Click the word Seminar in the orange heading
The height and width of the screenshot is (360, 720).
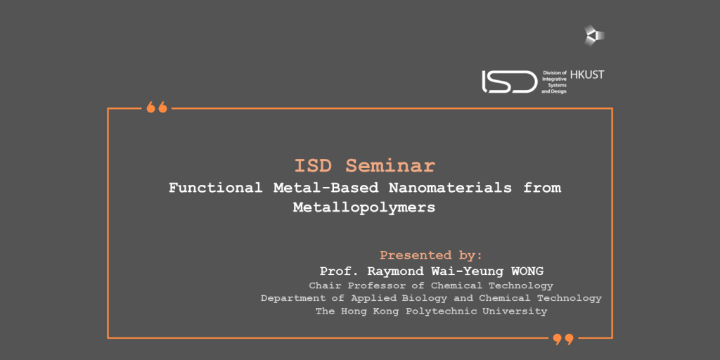click(x=390, y=166)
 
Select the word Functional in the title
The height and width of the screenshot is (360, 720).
click(x=216, y=188)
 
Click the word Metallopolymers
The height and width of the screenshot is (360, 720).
click(x=364, y=207)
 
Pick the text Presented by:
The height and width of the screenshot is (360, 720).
click(x=431, y=255)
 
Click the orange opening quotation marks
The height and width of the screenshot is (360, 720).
click(x=157, y=108)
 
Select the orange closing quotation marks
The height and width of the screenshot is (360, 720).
click(x=563, y=340)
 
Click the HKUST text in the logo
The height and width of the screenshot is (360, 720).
click(x=587, y=75)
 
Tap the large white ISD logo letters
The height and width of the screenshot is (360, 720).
click(x=509, y=82)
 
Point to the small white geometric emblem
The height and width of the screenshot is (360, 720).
click(x=594, y=35)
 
